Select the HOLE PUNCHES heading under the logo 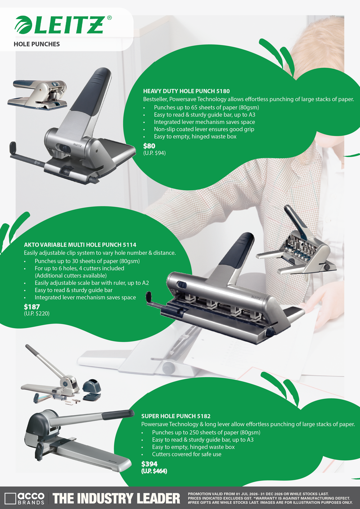coord(37,44)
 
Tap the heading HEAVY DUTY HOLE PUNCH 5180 coord(186,91)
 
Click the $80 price coord(149,146)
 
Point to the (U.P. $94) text coord(154,153)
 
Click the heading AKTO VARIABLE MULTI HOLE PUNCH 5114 coord(80,245)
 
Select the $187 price coord(32,307)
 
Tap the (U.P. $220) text coord(37,314)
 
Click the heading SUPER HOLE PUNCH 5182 coord(176,416)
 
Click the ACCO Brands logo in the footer coord(24,498)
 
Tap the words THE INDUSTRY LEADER coord(116,499)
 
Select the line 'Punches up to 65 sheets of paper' coord(207,107)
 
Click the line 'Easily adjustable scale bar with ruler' coord(92,283)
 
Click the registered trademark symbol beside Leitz coord(109,18)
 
